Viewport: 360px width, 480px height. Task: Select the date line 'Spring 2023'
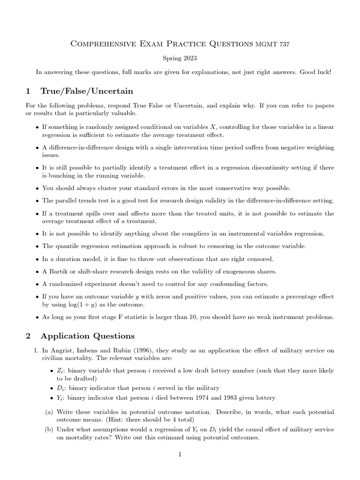pos(180,59)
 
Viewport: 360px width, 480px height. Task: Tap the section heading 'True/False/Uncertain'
pos(87,91)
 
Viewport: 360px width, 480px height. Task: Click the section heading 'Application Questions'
pos(87,336)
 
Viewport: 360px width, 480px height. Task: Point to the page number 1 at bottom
pos(180,454)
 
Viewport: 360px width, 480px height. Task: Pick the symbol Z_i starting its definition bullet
pos(59,370)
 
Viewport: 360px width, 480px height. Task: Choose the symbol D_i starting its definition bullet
pos(60,388)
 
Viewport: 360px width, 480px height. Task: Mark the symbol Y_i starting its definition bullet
pos(59,398)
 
